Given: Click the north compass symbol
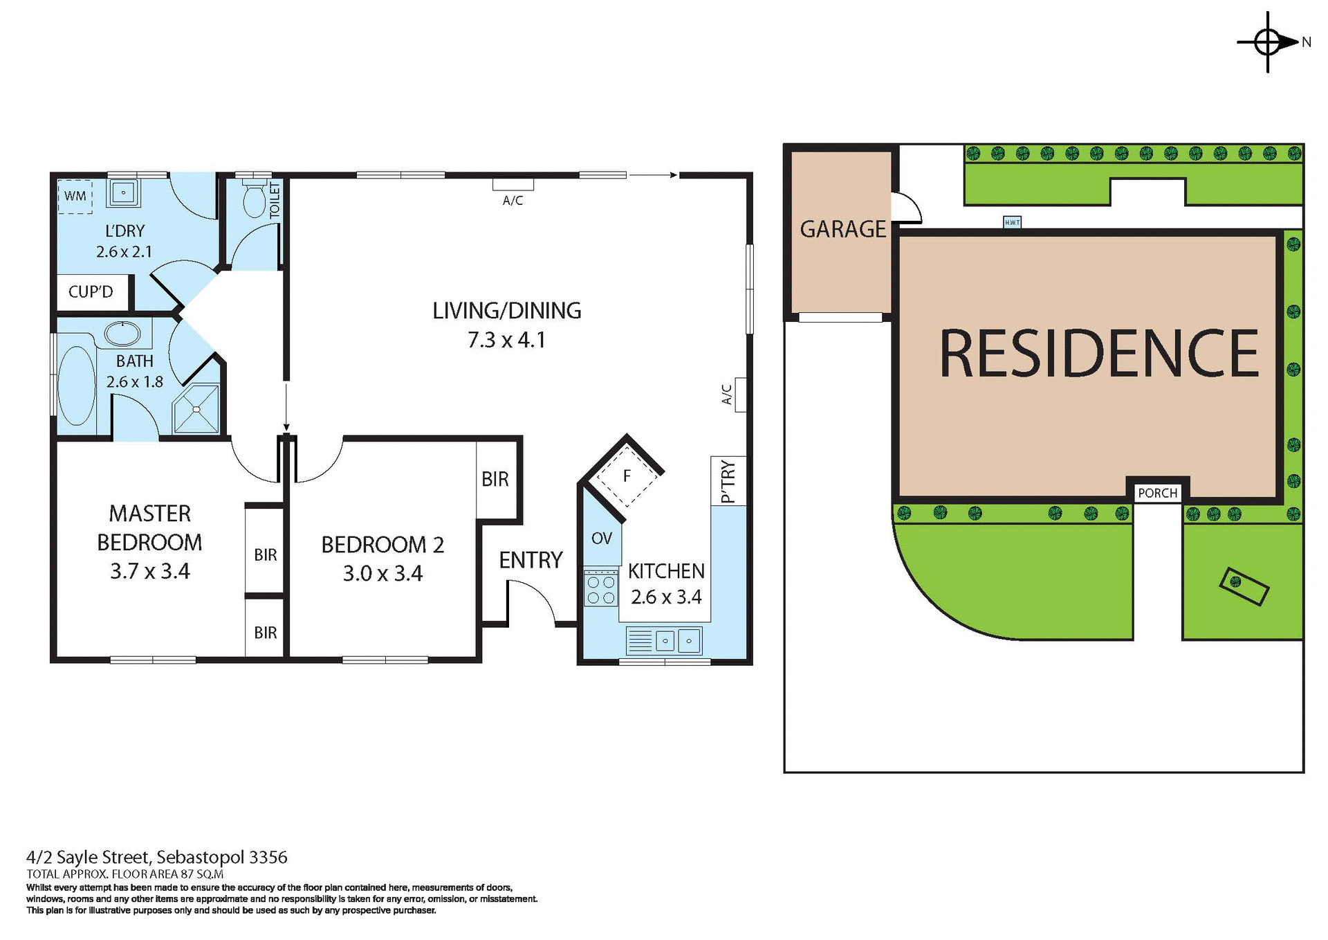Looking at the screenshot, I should pos(1268,42).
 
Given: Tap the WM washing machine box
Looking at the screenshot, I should pos(75,196).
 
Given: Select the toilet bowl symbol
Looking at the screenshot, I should pos(255,200).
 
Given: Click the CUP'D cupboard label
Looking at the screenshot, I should pos(91,291).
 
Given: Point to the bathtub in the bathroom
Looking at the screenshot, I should pos(76,386).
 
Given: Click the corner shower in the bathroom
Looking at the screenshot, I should pos(196,410).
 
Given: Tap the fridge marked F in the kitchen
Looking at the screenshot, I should pos(627,476).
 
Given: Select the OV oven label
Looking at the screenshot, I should pos(602,538).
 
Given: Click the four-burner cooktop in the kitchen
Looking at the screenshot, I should pos(600,588).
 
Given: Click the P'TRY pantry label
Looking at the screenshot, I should pos(728,482).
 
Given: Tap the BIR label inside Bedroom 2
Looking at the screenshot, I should pos(495,479).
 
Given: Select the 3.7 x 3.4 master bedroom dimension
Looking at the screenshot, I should pos(149,571).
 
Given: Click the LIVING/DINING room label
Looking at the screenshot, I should pos(506,311).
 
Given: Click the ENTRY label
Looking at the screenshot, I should pos(531,560).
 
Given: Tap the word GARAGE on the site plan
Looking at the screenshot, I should pos(842,229).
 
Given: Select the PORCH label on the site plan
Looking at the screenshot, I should pos(1157,493).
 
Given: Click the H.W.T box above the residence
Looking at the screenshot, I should pos(1012,222).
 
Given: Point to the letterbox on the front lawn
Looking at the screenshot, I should pos(1244,586).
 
